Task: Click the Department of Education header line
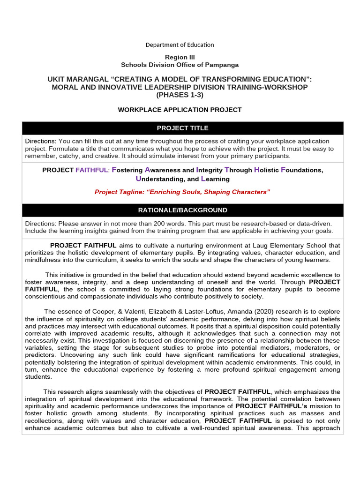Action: [x=180, y=45]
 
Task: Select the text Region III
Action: [x=180, y=57]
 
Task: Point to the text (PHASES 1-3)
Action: [x=180, y=95]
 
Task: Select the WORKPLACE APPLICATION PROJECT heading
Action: [x=180, y=110]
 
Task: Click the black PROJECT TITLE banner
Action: [x=182, y=128]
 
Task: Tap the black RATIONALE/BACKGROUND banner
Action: [x=182, y=210]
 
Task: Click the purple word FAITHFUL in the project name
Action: [x=92, y=170]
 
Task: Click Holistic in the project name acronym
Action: [x=266, y=170]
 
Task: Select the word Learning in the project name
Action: [x=215, y=179]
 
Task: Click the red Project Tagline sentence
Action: [x=182, y=192]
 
